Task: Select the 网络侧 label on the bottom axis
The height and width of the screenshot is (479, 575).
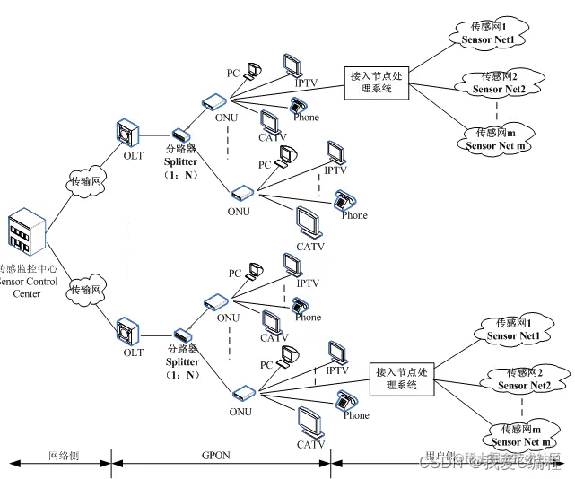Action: (63, 455)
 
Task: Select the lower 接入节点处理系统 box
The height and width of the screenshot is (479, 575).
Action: (403, 378)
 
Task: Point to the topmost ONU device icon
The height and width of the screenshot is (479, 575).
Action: (215, 101)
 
